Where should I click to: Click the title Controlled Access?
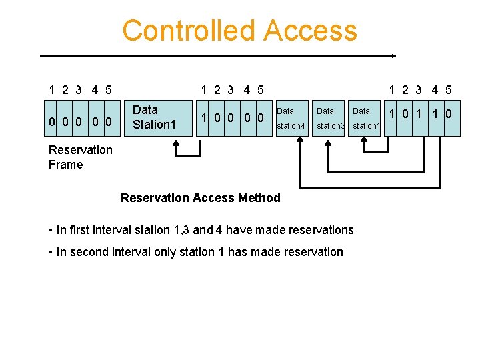point(239,31)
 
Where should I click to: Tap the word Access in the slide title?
point(310,31)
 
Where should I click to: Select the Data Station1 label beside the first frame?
point(154,117)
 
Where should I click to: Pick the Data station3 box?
point(329,118)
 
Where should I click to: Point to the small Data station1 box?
point(365,118)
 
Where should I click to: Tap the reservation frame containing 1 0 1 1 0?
point(424,118)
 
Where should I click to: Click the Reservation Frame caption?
point(81,157)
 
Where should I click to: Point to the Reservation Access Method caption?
point(200,197)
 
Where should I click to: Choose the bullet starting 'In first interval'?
point(201,230)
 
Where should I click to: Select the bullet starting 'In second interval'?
point(195,252)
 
